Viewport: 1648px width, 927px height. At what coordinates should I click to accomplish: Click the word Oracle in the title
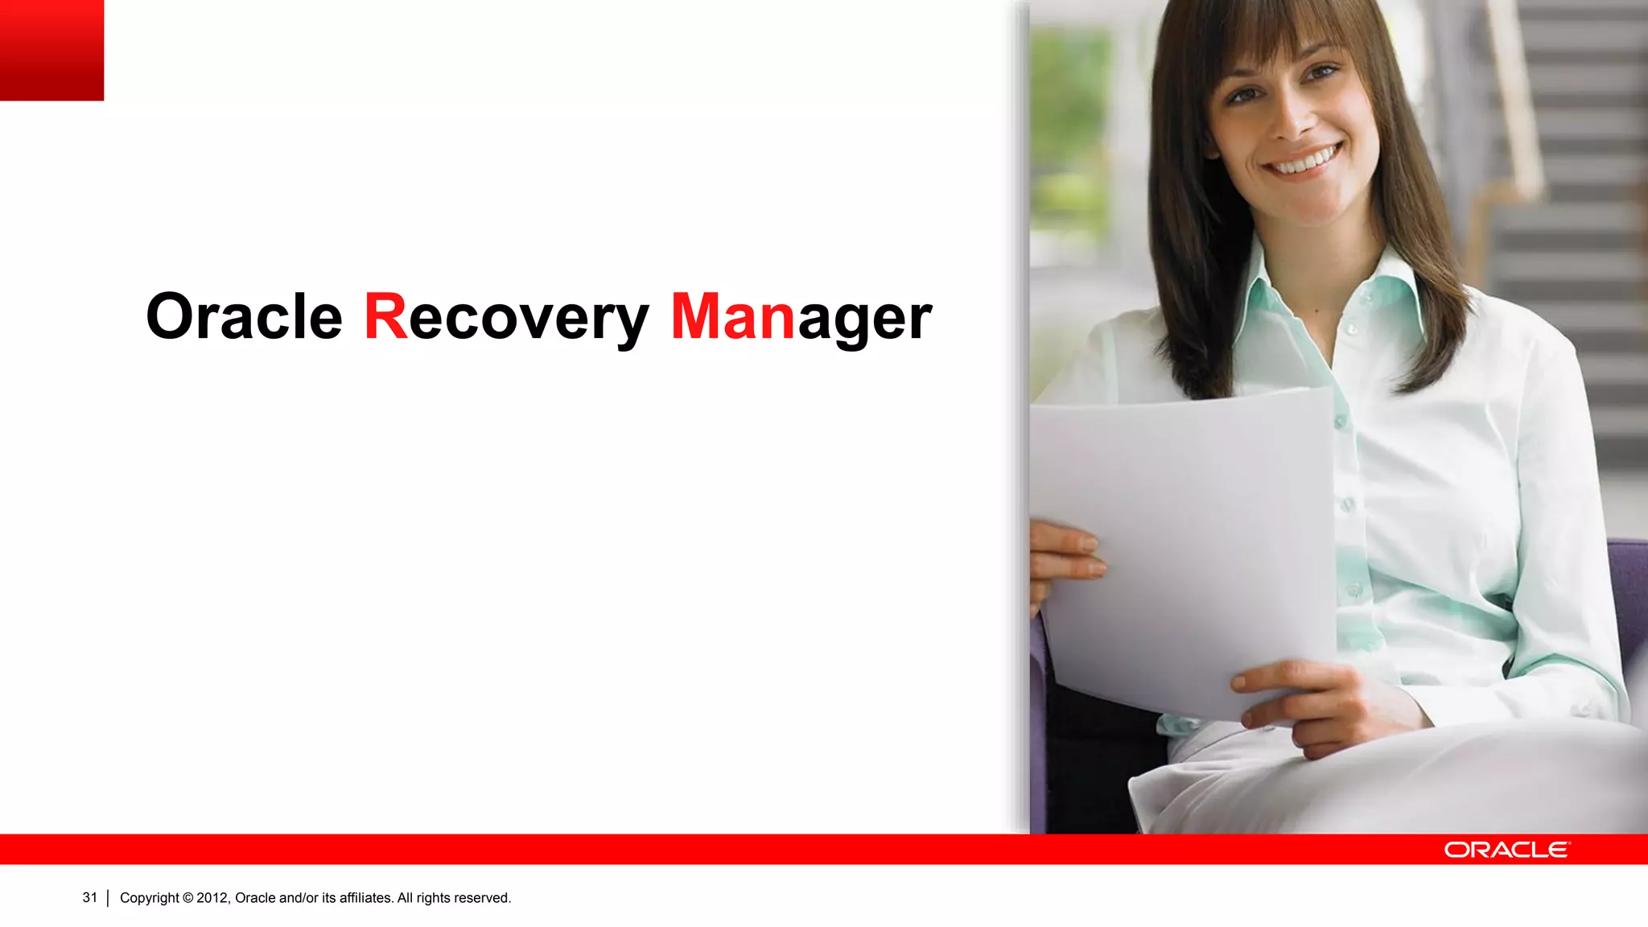244,317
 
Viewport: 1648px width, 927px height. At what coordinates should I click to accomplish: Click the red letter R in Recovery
386,316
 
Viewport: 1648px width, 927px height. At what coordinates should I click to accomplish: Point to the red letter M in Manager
699,316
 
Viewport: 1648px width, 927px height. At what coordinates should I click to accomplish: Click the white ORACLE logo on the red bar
1506,850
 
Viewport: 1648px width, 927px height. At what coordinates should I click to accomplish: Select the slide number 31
89,897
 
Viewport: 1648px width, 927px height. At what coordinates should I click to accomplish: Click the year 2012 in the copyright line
212,898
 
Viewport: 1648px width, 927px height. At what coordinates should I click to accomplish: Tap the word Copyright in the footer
150,898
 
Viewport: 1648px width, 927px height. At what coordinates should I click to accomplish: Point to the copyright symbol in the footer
188,898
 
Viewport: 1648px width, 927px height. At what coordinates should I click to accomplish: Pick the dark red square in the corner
51,50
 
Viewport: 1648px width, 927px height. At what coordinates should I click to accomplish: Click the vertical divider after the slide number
108,898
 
